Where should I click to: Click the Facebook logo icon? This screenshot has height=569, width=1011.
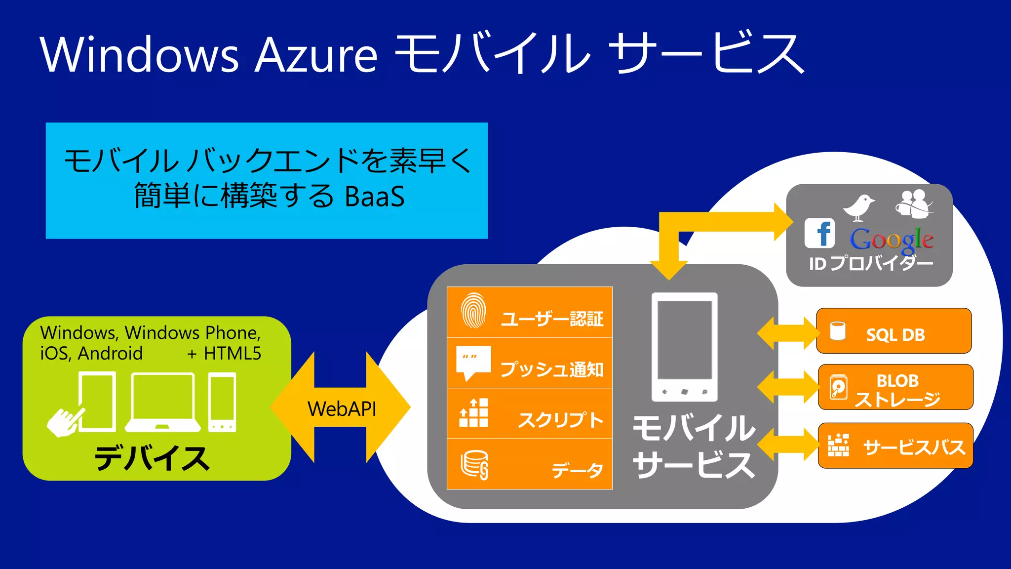(x=819, y=233)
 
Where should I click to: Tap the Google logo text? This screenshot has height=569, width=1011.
(x=892, y=240)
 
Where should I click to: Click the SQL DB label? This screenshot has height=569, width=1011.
(x=895, y=335)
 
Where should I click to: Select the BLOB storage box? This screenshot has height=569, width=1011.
(x=895, y=388)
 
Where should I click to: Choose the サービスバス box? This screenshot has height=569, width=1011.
(x=895, y=446)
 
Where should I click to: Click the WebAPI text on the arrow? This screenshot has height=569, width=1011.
(x=342, y=409)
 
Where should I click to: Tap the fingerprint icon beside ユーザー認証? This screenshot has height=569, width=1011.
(x=473, y=311)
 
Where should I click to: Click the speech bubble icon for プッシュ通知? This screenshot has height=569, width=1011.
(x=473, y=363)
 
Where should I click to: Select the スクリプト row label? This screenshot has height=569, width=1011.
(x=561, y=420)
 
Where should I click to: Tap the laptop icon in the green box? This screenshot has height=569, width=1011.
(x=163, y=403)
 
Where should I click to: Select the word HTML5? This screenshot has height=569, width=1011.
(x=232, y=354)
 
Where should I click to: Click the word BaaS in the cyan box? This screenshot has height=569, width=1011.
(x=375, y=197)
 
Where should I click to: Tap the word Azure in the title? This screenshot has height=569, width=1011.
(x=316, y=55)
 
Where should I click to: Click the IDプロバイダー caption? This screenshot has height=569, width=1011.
(x=871, y=264)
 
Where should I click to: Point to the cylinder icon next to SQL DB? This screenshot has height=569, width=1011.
(x=838, y=331)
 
